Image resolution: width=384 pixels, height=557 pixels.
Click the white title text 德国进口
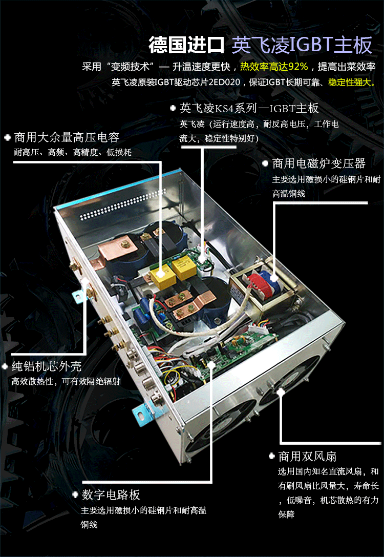187,45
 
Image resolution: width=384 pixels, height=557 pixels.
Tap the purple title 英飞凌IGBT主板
302,45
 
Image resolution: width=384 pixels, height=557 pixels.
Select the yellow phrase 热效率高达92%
273,67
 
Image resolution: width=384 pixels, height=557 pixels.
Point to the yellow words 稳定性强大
350,82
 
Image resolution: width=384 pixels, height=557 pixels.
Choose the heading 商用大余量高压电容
67,137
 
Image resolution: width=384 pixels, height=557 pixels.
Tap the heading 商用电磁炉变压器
318,163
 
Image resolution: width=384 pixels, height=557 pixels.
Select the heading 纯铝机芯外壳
47,366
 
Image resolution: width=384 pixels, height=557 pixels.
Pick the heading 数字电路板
111,494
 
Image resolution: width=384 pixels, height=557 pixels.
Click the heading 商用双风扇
307,456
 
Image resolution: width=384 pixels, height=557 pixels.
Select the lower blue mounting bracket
144,413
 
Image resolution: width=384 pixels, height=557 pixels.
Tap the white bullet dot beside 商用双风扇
272,456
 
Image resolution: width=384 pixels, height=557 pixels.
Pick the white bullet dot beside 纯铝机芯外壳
5,366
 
